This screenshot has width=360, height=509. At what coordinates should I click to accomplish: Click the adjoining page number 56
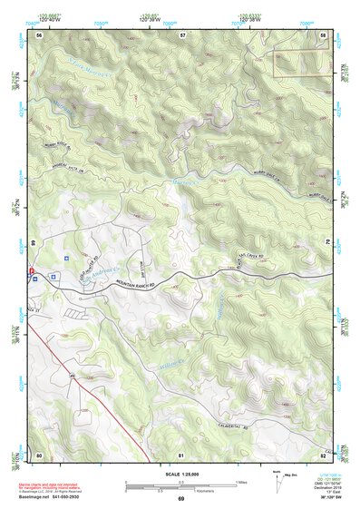[40, 34]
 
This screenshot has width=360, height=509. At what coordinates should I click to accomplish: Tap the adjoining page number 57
[182, 34]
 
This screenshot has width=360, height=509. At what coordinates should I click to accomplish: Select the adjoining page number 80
[40, 454]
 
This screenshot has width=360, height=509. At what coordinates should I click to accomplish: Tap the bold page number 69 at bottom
[180, 499]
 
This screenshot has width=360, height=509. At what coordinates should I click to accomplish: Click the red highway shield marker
[31, 269]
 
